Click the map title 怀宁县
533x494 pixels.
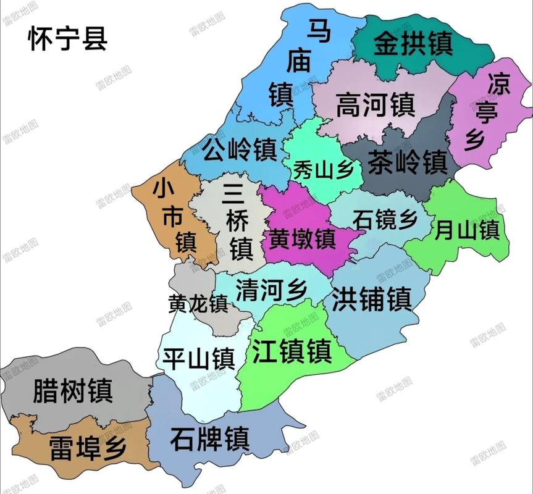68,38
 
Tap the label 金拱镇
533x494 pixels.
413,44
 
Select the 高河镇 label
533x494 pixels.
375,105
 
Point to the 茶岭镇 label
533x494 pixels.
407,163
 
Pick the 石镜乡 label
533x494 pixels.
385,219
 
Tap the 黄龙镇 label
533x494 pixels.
198,304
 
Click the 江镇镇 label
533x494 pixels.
292,351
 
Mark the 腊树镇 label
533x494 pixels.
73,390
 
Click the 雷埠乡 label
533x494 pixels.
78,446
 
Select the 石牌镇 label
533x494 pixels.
210,439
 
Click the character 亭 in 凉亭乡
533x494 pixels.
484,112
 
